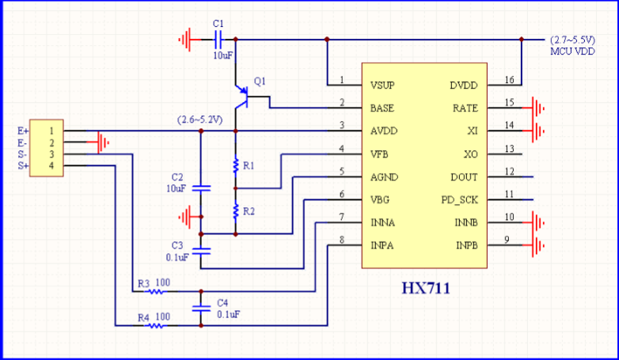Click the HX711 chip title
point(426,288)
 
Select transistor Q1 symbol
point(241,97)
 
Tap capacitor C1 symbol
point(218,40)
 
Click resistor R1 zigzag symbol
point(236,166)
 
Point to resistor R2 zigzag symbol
point(236,211)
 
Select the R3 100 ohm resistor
point(156,292)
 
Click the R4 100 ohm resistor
point(156,326)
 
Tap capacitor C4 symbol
point(201,309)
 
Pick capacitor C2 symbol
point(201,188)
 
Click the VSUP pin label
point(382,85)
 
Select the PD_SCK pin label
point(460,200)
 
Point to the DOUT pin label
point(464,177)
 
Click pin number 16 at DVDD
point(509,80)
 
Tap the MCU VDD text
point(572,51)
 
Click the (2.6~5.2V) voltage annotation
point(199,119)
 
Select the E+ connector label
point(23,131)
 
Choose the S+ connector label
point(23,166)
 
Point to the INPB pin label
point(467,245)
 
